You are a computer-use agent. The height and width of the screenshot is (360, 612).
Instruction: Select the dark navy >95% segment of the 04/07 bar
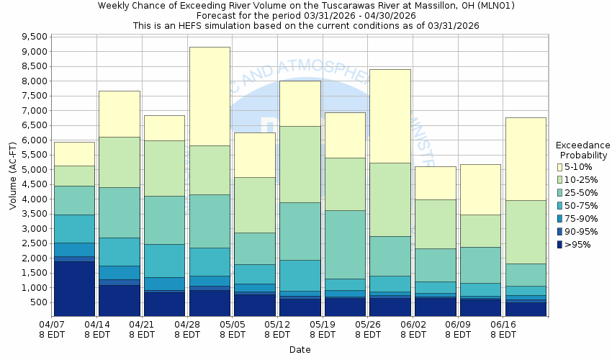point(74,288)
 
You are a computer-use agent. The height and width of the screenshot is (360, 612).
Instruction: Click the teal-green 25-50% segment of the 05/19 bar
point(346,244)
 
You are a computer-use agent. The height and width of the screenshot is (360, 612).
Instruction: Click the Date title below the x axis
point(300,350)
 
